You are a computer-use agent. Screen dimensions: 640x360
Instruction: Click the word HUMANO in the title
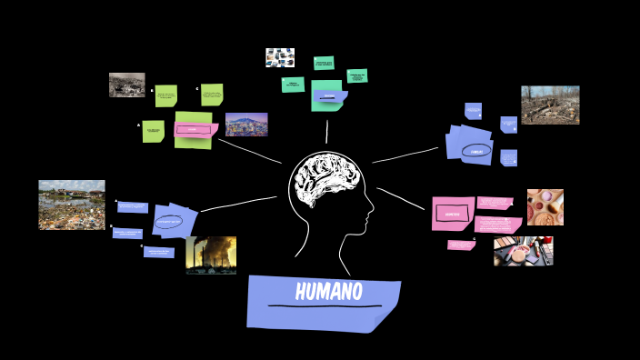tap(328, 292)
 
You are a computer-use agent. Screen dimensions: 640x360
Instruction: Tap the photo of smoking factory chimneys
tap(211, 255)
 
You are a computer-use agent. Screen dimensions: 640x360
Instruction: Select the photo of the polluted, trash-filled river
tap(71, 205)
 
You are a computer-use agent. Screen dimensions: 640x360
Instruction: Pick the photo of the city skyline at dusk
tap(246, 124)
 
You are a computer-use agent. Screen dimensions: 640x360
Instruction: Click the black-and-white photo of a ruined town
tap(126, 85)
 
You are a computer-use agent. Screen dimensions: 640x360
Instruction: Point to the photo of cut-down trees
tap(550, 105)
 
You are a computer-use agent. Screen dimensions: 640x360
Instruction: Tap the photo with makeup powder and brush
tap(545, 206)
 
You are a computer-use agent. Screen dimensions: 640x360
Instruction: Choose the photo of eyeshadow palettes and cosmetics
tap(523, 251)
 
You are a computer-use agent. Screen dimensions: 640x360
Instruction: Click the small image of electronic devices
tap(280, 57)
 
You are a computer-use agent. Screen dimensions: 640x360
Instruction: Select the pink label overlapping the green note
tap(193, 130)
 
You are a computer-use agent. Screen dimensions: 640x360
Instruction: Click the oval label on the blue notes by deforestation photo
tap(476, 150)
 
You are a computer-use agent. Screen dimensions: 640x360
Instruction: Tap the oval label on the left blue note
tap(169, 221)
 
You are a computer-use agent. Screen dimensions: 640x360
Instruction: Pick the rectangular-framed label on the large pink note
tap(453, 214)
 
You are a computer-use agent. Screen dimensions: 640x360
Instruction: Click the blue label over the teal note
tap(329, 95)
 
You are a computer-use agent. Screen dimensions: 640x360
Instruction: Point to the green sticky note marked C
tap(212, 95)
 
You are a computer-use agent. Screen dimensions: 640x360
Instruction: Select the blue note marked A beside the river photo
tap(133, 207)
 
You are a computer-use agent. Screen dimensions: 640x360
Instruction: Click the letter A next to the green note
tap(139, 125)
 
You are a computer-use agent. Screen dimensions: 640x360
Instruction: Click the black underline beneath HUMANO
tap(325, 306)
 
